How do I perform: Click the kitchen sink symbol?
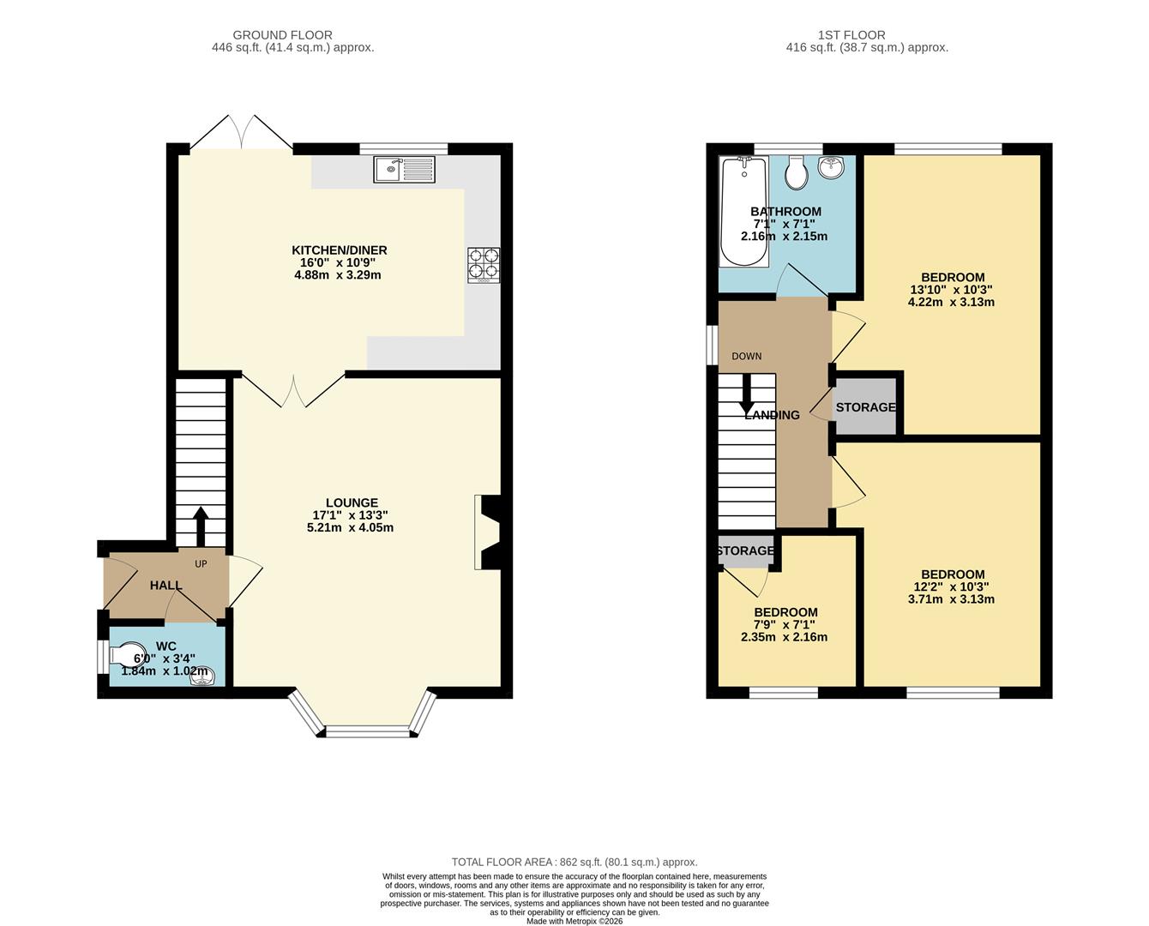[404, 169]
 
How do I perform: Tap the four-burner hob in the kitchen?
[484, 265]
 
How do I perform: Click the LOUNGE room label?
[352, 502]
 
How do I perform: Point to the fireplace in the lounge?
[492, 532]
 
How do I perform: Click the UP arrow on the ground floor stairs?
[202, 526]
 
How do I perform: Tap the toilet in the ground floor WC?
[129, 656]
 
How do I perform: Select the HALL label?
[165, 586]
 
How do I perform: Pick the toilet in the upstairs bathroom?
[797, 172]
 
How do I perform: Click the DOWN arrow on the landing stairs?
[747, 395]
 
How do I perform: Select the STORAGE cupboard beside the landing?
[865, 407]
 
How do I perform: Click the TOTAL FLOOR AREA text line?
[574, 862]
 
